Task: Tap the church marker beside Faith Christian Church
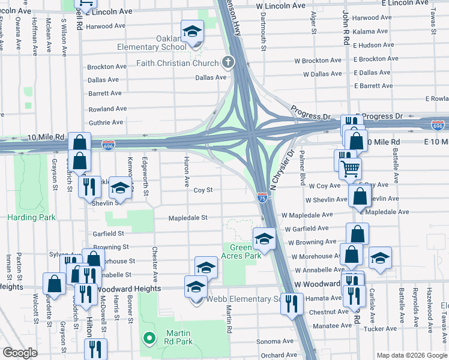(x=228, y=62)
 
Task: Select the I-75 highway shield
(x=262, y=197)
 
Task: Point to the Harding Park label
(x=25, y=217)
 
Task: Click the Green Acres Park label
(x=245, y=251)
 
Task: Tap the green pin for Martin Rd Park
(x=149, y=338)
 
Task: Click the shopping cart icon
(x=350, y=169)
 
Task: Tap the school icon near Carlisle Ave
(x=379, y=259)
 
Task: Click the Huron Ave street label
(x=187, y=172)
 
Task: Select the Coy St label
(x=203, y=190)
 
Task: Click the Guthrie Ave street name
(x=106, y=122)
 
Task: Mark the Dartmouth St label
(x=264, y=31)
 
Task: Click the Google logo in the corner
(x=20, y=353)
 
